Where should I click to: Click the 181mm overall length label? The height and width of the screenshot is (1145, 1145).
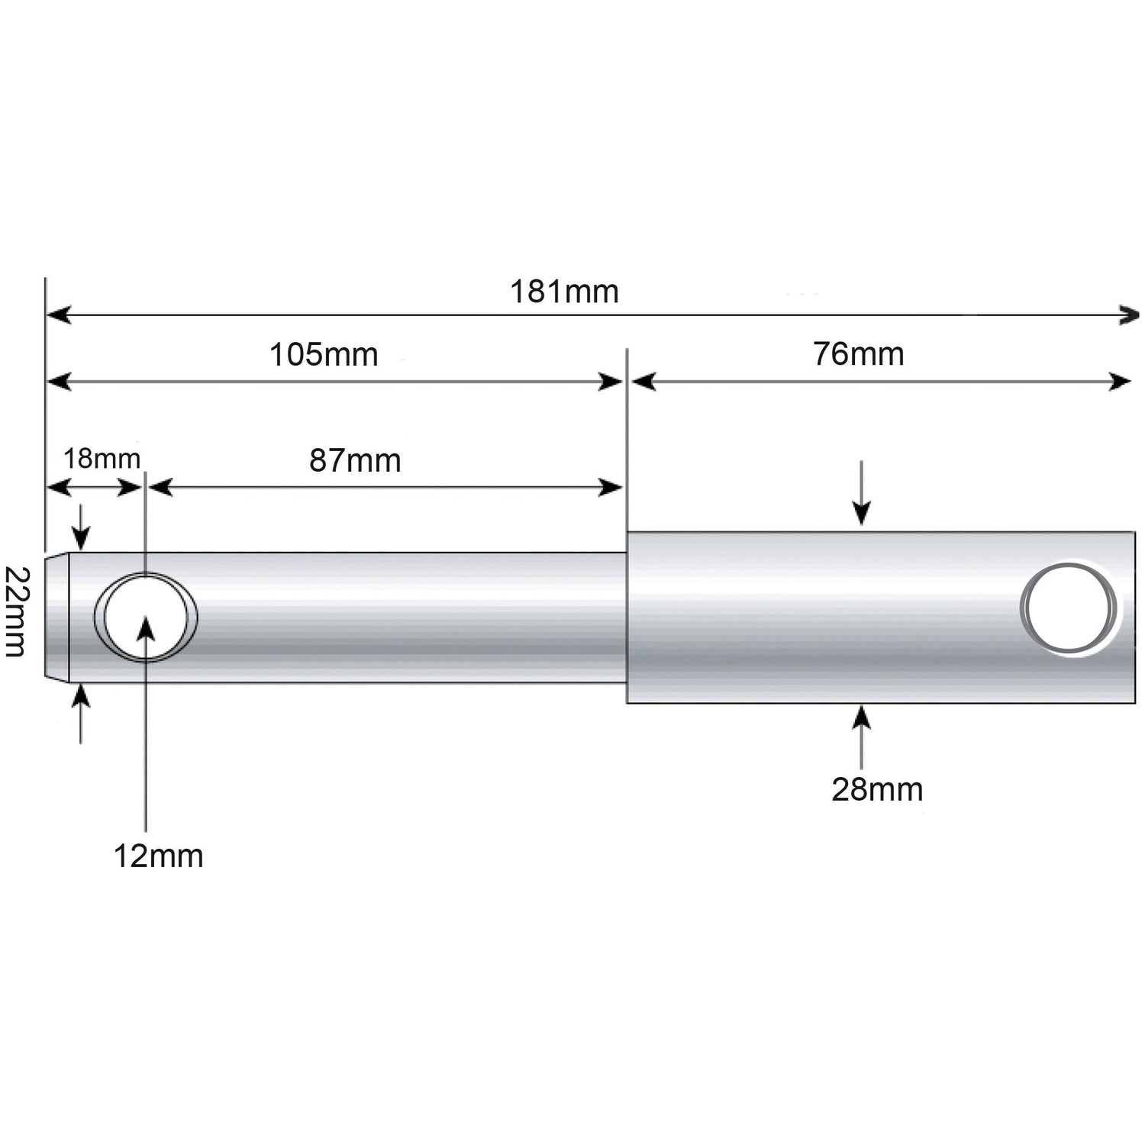tap(564, 292)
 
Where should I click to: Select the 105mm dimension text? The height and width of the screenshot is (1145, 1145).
tap(324, 355)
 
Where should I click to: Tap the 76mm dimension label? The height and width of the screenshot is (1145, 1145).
tap(858, 354)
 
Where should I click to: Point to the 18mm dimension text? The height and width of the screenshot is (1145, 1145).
tap(102, 459)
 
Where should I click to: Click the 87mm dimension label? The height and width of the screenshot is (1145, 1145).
tap(355, 461)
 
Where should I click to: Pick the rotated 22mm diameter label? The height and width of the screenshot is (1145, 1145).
tap(16, 611)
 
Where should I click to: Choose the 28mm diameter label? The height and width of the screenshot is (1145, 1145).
tap(877, 789)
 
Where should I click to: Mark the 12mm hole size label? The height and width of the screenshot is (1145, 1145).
tap(159, 856)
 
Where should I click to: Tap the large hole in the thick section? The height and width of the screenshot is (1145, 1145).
tap(1069, 608)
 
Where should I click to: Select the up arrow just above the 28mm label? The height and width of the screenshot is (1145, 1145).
tap(862, 719)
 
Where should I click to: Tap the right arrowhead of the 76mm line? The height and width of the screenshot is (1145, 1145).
tap(1120, 382)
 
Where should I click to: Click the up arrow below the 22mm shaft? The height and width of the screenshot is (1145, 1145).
tap(81, 698)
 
